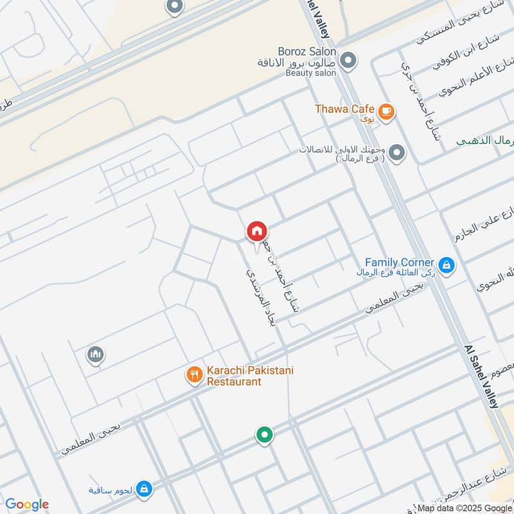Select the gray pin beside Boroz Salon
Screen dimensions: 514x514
(x=348, y=61)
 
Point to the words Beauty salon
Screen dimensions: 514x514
(x=311, y=73)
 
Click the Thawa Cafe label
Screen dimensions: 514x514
(x=344, y=109)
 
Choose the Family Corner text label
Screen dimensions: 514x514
(x=400, y=262)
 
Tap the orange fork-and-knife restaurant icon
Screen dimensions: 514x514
(x=194, y=374)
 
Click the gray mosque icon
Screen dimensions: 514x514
(x=96, y=354)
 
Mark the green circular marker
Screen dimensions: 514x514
(x=263, y=436)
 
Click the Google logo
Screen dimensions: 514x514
(x=27, y=504)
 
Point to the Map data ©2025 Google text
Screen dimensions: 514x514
(x=464, y=507)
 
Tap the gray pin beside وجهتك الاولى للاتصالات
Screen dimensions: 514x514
(x=397, y=153)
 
